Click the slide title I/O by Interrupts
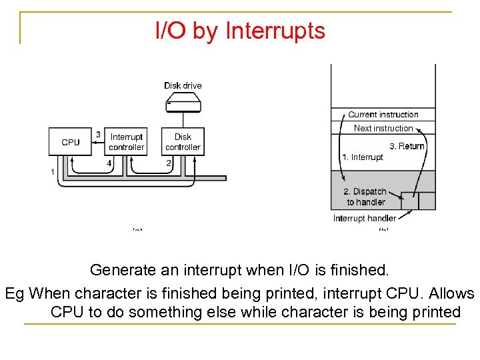[x=240, y=31]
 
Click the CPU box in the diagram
[x=70, y=142]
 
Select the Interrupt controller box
[x=126, y=142]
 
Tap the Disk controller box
[x=183, y=142]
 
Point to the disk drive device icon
[x=183, y=103]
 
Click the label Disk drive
[x=183, y=85]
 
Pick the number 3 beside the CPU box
[x=99, y=134]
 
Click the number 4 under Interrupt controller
[x=109, y=162]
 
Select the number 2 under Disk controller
[x=169, y=162]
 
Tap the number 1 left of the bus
[x=52, y=172]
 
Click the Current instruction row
[x=383, y=115]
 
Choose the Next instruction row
[x=383, y=128]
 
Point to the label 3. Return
[x=407, y=146]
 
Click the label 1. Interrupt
[x=363, y=157]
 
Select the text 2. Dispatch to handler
[x=366, y=197]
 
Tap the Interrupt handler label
[x=365, y=218]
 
